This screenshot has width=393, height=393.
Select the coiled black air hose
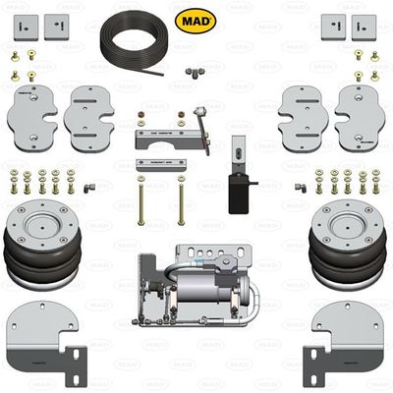[139, 39]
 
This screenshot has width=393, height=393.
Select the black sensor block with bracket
[238, 187]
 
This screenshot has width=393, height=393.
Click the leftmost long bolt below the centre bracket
[141, 202]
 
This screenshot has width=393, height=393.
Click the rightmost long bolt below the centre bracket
[181, 202]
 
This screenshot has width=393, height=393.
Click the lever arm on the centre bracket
[204, 123]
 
